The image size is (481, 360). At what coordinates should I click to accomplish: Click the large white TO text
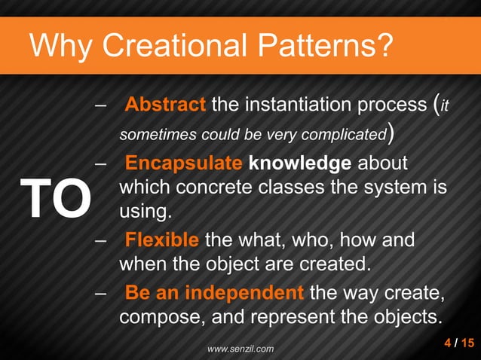(x=55, y=197)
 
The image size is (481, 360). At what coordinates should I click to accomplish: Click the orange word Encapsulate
(x=183, y=163)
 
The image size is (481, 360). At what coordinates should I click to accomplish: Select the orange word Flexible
(x=162, y=242)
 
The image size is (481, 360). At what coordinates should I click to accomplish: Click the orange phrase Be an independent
(x=215, y=291)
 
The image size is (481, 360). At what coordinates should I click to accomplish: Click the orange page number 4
(x=449, y=344)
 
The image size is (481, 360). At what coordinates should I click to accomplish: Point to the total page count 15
(x=467, y=344)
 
